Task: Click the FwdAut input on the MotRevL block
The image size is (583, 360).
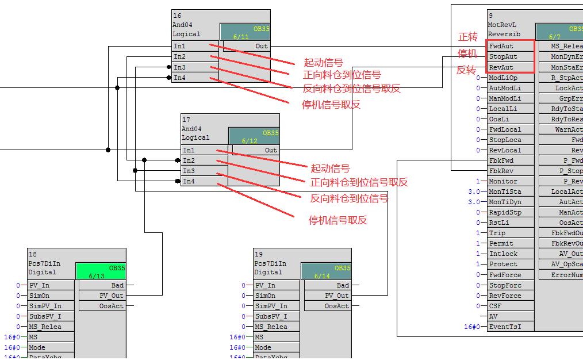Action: pos(501,46)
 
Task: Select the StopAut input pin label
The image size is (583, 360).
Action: pos(503,56)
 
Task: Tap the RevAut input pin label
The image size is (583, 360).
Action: pos(501,67)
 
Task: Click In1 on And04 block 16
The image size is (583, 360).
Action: pos(180,46)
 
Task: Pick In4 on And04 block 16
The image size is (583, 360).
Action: pos(180,78)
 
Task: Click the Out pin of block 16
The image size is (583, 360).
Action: pos(262,46)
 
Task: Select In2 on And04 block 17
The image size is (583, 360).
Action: pos(189,160)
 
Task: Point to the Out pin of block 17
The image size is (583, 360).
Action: pos(271,150)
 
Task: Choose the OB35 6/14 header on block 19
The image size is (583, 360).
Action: pos(326,271)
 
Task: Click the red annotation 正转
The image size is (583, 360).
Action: pos(467,37)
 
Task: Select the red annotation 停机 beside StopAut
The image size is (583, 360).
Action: pos(467,53)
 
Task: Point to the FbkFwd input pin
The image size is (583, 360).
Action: pos(501,160)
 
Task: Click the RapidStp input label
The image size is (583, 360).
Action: pos(505,212)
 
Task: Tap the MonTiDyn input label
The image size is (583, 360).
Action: pos(505,202)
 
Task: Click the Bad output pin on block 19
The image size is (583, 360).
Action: pos(343,285)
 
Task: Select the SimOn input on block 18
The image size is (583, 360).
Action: pos(37,296)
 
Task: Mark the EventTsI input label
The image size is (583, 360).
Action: pos(505,327)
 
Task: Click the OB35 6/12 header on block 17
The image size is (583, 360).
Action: pos(254,136)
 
